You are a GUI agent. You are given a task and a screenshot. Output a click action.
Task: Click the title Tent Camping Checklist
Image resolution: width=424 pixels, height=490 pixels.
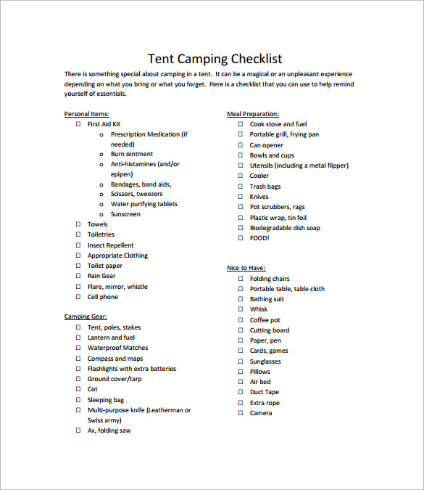click(215, 59)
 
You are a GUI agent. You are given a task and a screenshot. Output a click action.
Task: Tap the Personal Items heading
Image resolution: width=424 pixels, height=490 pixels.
click(87, 114)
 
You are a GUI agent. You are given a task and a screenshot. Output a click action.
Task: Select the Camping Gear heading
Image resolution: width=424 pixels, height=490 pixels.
click(86, 317)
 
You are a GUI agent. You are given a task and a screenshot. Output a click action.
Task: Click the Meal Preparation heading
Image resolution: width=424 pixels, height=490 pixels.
click(253, 114)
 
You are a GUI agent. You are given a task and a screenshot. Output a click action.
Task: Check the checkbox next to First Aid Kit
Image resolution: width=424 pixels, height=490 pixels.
click(78, 124)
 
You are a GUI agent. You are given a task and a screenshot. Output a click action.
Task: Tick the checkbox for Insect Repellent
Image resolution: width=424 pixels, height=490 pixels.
click(78, 245)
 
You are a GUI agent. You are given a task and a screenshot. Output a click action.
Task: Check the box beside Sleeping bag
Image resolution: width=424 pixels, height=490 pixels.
click(78, 400)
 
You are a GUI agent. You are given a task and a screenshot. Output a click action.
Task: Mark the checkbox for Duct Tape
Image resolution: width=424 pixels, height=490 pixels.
click(241, 392)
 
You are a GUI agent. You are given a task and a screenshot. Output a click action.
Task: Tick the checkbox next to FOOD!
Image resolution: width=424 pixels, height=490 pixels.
click(241, 238)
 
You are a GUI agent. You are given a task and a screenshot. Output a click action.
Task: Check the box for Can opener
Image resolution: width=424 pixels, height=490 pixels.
click(241, 145)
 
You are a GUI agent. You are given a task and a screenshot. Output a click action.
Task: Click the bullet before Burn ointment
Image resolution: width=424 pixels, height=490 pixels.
click(101, 154)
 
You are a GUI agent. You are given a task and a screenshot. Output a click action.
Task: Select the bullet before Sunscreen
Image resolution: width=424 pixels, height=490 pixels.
click(101, 214)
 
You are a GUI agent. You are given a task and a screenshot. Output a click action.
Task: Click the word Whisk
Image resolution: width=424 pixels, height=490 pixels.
click(259, 309)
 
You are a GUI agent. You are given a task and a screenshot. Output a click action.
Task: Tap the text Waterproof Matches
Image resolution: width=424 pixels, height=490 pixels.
click(117, 348)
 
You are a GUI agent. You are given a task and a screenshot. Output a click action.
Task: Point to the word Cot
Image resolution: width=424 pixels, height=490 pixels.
click(93, 389)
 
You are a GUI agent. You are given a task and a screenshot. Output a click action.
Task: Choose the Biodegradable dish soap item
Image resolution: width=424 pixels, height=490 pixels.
click(285, 228)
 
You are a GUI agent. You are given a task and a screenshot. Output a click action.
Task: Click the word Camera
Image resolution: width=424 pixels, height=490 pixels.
click(261, 413)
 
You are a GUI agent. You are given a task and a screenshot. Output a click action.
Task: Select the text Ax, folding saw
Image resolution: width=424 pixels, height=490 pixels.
click(109, 430)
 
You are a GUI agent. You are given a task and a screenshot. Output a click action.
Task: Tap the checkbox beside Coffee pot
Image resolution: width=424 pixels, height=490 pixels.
click(241, 320)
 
